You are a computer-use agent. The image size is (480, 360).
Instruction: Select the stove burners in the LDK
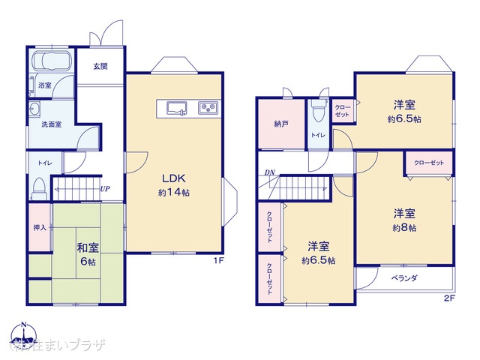(207, 108)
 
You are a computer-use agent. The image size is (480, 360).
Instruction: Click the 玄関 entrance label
(100, 66)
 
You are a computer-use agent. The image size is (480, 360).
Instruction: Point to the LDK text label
(173, 178)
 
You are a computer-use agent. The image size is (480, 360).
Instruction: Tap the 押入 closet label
(40, 227)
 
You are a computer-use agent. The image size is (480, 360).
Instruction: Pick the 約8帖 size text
(403, 227)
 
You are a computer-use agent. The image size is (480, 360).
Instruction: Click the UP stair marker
(105, 189)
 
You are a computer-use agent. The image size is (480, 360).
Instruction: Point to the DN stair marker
(268, 175)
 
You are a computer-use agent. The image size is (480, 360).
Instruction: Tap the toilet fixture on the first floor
(39, 185)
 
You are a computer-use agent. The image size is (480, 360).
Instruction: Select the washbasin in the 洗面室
(35, 110)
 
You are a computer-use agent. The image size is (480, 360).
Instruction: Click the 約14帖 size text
(173, 193)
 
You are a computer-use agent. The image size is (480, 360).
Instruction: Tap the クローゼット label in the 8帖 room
(429, 163)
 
